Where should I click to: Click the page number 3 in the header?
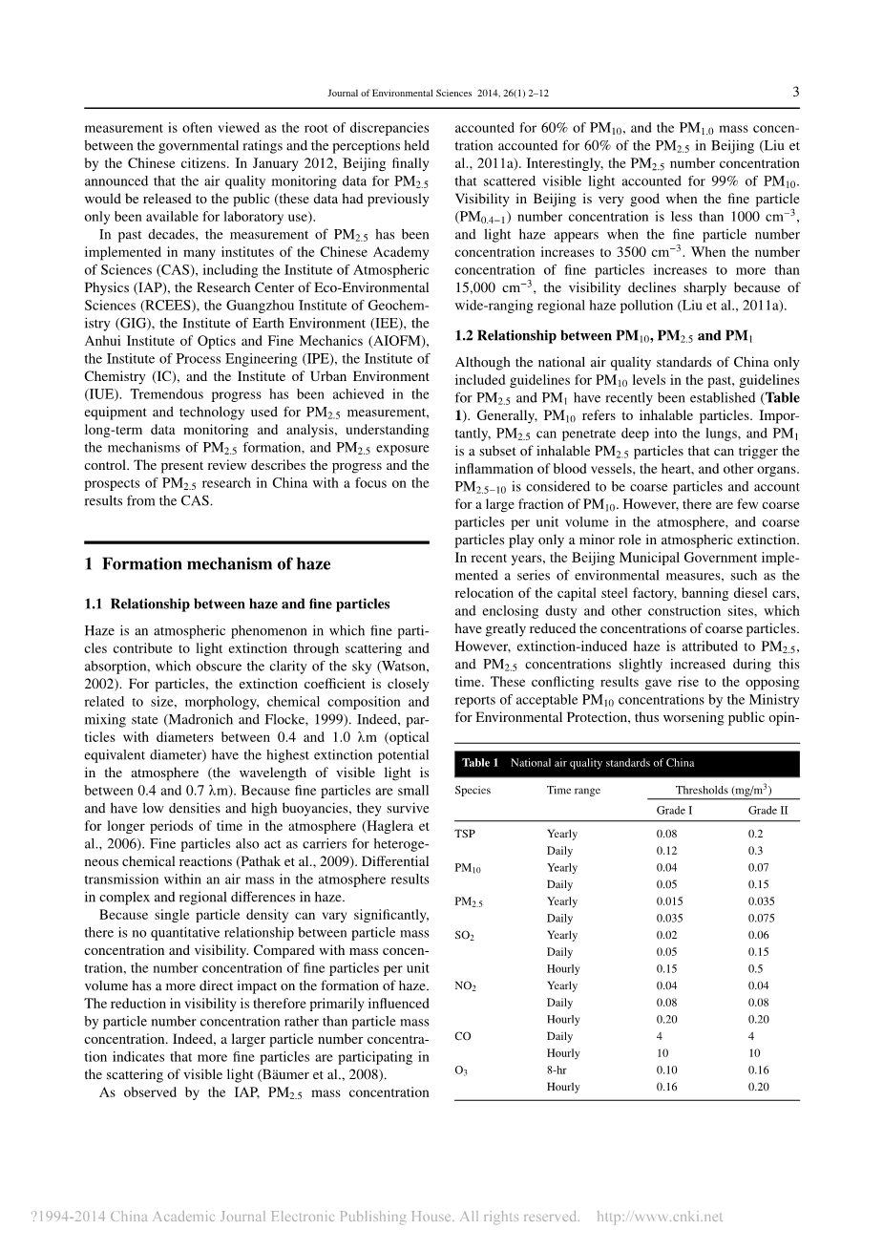pos(795,92)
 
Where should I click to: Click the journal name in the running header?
pos(399,94)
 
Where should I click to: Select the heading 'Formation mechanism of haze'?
pos(216,563)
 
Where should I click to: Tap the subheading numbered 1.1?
pos(237,604)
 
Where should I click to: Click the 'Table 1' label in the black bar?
pos(480,763)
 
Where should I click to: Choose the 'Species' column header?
pos(473,791)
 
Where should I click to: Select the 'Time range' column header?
pos(574,791)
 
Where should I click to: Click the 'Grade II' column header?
pos(768,811)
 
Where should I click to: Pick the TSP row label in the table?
pos(465,834)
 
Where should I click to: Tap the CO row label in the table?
pos(464,1036)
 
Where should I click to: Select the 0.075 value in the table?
pos(762,919)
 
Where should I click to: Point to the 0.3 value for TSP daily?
pos(755,851)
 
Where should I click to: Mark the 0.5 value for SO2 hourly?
pos(755,969)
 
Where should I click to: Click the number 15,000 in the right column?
pos(479,287)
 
